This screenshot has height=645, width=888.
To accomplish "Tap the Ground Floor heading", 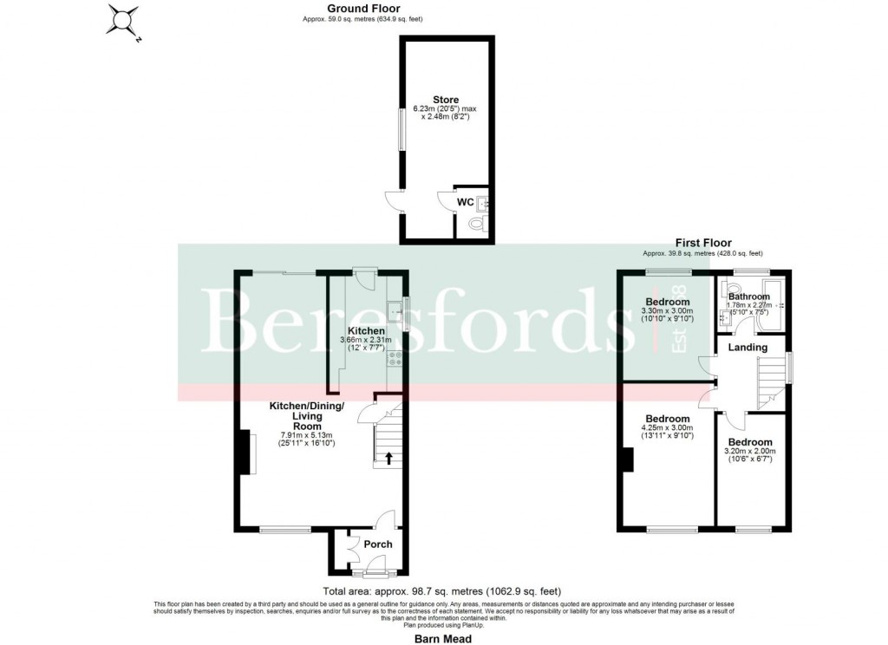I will [x=356, y=9].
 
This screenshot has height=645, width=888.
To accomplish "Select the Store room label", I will [x=446, y=100].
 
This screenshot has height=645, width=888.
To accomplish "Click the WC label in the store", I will [x=465, y=202].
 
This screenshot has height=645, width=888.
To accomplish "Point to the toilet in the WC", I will [x=476, y=225].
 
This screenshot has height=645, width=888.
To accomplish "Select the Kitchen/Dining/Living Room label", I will [x=307, y=416].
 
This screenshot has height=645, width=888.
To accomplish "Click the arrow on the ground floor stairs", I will [x=388, y=456].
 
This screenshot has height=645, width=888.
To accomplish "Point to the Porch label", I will [x=377, y=544].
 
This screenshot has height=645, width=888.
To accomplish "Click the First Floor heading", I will [x=703, y=243].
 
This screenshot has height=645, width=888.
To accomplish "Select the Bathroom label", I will [x=748, y=296].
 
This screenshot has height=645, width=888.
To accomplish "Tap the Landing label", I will [x=747, y=347].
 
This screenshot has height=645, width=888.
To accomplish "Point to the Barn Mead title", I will [x=443, y=638].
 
